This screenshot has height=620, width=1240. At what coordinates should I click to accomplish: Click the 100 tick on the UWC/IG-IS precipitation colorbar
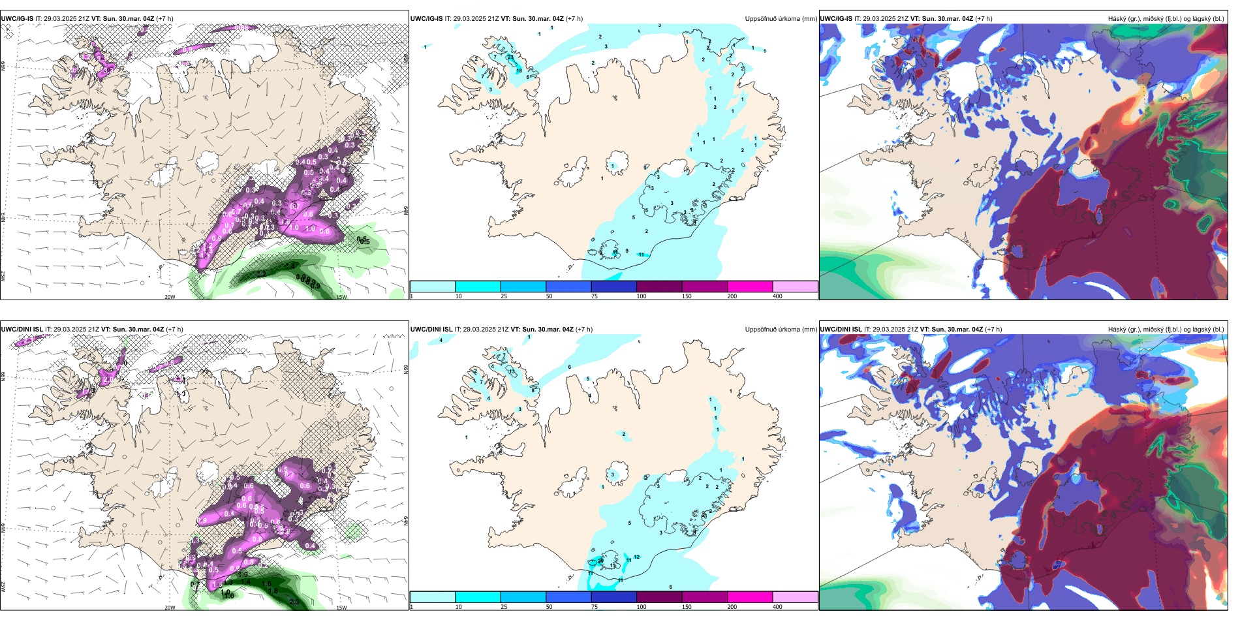(642, 296)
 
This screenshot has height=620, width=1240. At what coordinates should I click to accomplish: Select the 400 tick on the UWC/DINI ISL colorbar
(777, 606)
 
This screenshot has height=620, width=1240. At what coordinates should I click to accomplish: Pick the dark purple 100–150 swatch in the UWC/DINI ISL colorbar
(659, 597)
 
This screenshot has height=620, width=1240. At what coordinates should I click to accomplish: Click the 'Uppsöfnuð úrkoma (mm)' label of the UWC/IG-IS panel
(781, 19)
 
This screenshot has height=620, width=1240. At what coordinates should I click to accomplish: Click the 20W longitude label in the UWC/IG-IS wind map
(170, 297)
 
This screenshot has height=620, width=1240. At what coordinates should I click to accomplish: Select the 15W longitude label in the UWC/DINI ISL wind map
(341, 608)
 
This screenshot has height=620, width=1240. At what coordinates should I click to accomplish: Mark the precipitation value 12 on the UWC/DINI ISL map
(636, 557)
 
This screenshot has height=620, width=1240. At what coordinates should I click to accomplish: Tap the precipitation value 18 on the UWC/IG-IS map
(519, 70)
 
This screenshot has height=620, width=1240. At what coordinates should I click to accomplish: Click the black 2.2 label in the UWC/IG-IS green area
(261, 273)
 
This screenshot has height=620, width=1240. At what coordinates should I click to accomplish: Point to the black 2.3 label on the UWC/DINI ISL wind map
(294, 602)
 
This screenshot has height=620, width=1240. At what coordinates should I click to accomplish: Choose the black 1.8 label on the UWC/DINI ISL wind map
(273, 591)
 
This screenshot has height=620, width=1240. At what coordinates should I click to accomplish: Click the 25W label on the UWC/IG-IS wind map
(3, 276)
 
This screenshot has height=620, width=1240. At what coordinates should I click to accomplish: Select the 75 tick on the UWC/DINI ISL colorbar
(595, 606)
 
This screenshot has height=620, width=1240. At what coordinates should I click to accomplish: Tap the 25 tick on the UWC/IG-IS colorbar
(504, 296)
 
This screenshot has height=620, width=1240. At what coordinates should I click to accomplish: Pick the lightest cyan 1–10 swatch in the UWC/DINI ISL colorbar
(432, 597)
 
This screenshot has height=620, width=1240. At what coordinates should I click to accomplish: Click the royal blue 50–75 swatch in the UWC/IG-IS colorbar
(568, 287)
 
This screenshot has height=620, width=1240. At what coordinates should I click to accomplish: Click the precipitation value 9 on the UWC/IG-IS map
(627, 251)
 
